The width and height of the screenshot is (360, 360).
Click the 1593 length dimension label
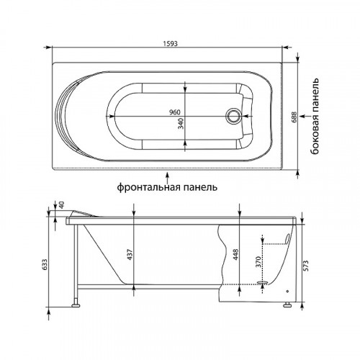pos(170,44)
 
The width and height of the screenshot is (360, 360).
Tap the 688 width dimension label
pos(294,117)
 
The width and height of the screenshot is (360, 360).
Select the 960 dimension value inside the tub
pos(174,112)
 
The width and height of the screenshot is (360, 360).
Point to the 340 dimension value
pos(181,123)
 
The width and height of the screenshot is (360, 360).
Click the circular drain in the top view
pos(233,116)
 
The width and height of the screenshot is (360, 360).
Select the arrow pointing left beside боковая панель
pos(305,116)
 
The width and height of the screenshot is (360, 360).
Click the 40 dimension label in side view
pos(62,204)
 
